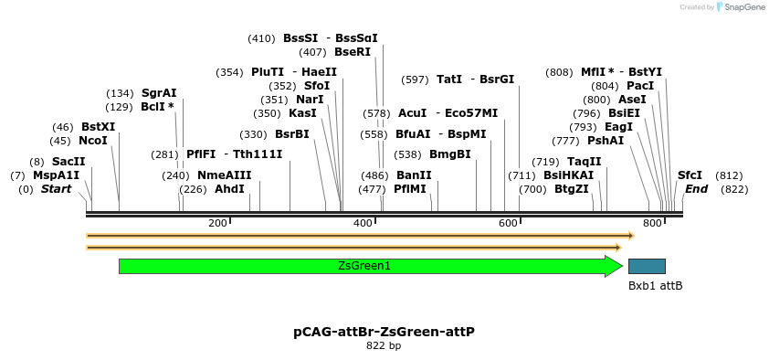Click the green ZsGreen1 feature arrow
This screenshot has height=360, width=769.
365,266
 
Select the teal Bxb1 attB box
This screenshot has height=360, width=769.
647,266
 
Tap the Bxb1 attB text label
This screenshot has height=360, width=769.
655,286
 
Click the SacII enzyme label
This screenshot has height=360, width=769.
68,162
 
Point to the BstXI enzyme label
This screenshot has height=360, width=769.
98,127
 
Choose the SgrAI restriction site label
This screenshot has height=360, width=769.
159,93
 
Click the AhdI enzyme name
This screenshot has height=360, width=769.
229,189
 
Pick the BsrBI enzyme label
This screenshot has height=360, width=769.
292,134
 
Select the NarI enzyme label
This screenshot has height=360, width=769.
310,100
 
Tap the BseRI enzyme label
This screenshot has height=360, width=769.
353,52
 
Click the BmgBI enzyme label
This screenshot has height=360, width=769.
450,154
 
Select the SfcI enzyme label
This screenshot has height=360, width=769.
690,175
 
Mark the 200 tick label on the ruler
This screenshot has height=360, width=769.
217,223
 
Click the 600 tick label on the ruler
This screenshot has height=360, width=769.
508,223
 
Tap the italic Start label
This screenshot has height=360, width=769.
56,189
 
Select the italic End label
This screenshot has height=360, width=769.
696,189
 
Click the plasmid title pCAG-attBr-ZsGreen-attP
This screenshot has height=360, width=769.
384,333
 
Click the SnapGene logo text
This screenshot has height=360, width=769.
745,7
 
